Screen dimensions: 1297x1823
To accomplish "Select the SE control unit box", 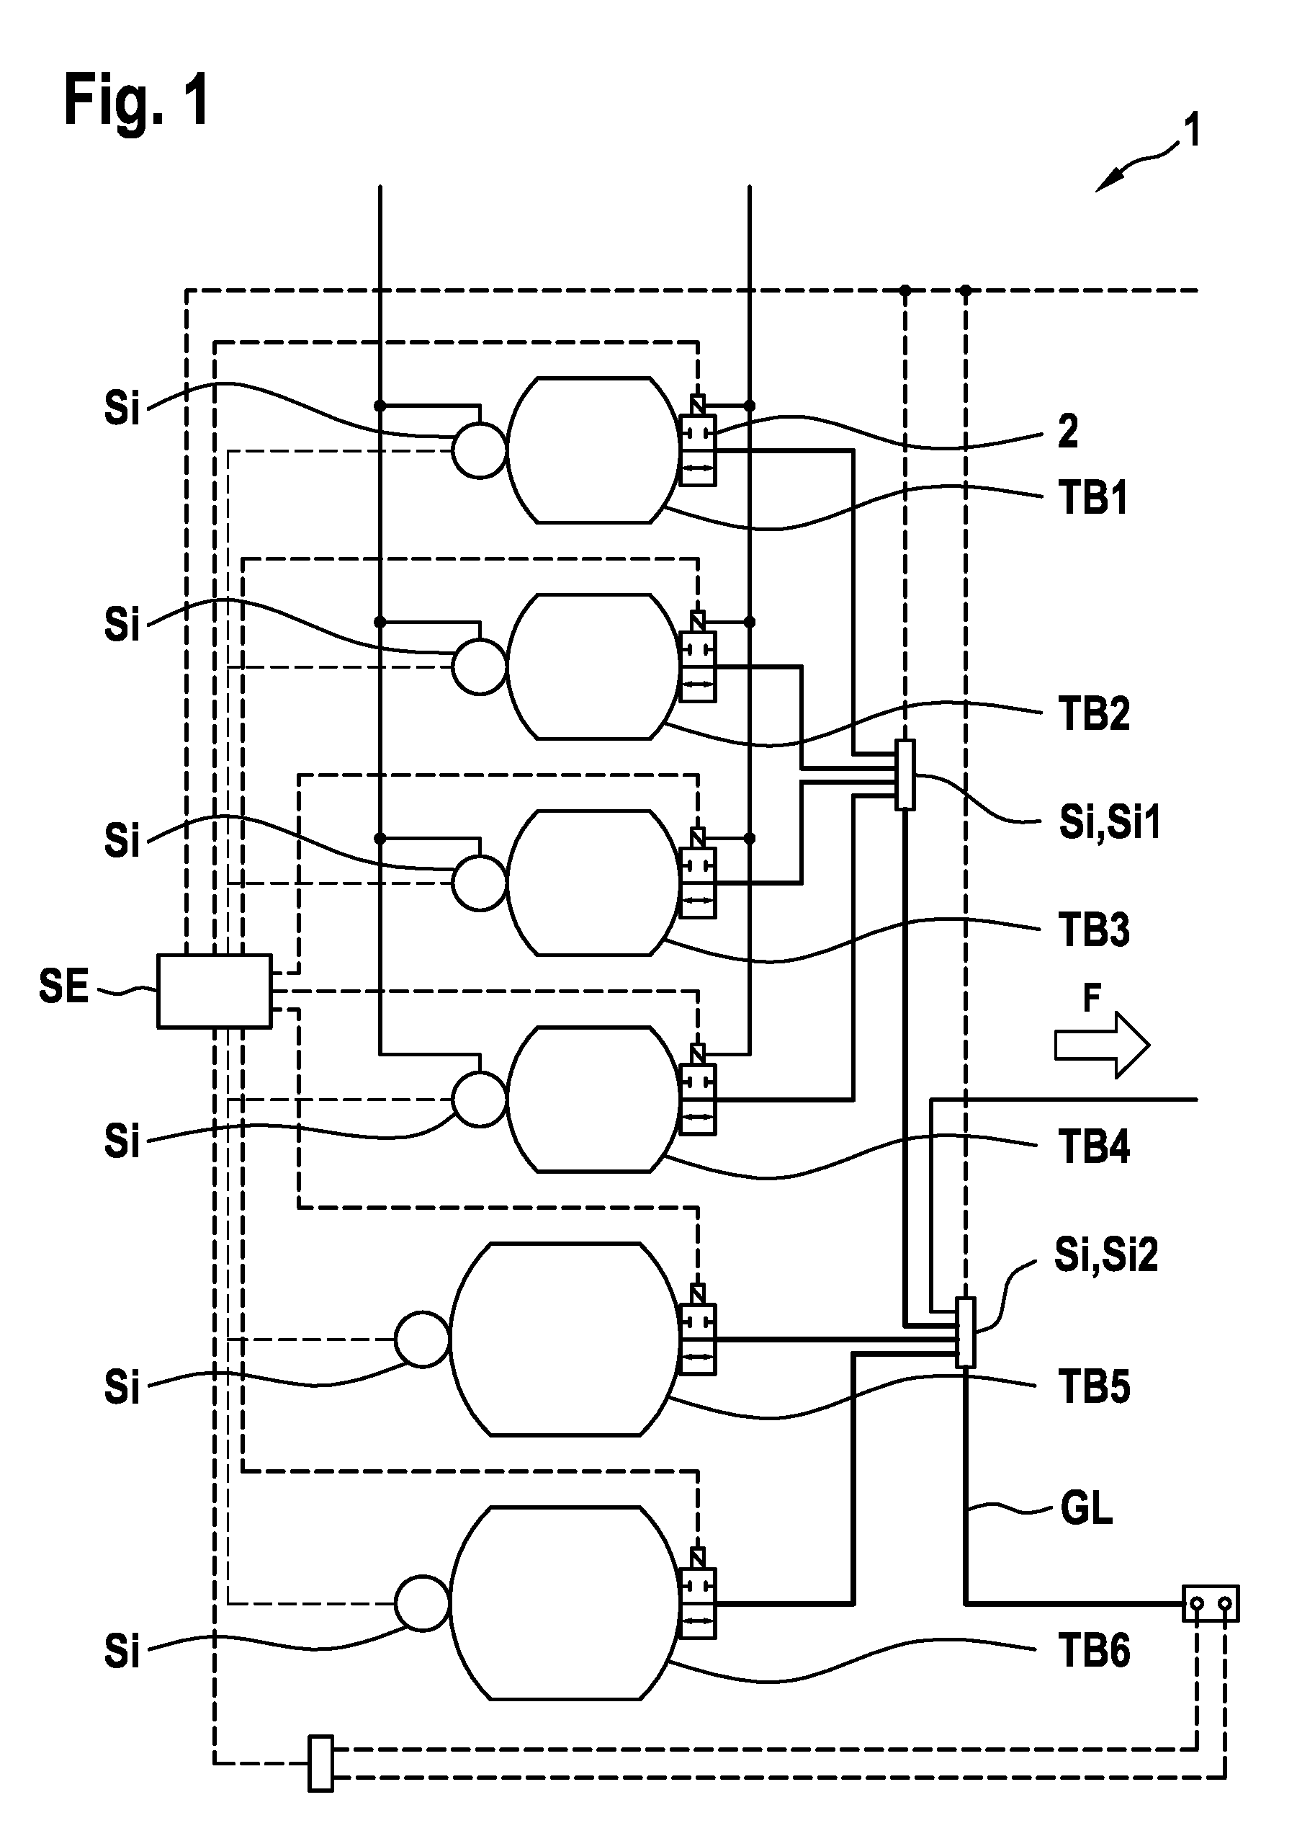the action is (x=214, y=991).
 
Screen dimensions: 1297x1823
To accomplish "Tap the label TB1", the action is (x=1093, y=498).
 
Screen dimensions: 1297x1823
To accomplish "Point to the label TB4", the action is (x=1094, y=1147).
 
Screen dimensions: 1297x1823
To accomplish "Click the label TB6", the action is (x=1094, y=1652).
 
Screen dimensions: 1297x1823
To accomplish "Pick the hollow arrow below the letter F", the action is (x=1102, y=1045).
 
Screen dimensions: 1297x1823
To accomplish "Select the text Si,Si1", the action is (x=1109, y=823).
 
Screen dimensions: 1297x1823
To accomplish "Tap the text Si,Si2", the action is (x=1106, y=1255).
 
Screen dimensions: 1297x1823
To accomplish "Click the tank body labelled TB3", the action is (x=592, y=883).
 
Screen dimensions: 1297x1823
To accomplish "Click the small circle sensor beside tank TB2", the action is (x=479, y=667).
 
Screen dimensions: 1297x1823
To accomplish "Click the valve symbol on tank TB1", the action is (x=697, y=441).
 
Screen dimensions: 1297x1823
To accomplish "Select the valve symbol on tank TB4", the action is (x=697, y=1089).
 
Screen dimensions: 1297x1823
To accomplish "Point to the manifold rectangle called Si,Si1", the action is (x=905, y=775).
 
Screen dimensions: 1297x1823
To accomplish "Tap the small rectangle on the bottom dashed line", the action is (x=320, y=1763).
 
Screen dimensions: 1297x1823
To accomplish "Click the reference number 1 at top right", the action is (x=1192, y=130).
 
